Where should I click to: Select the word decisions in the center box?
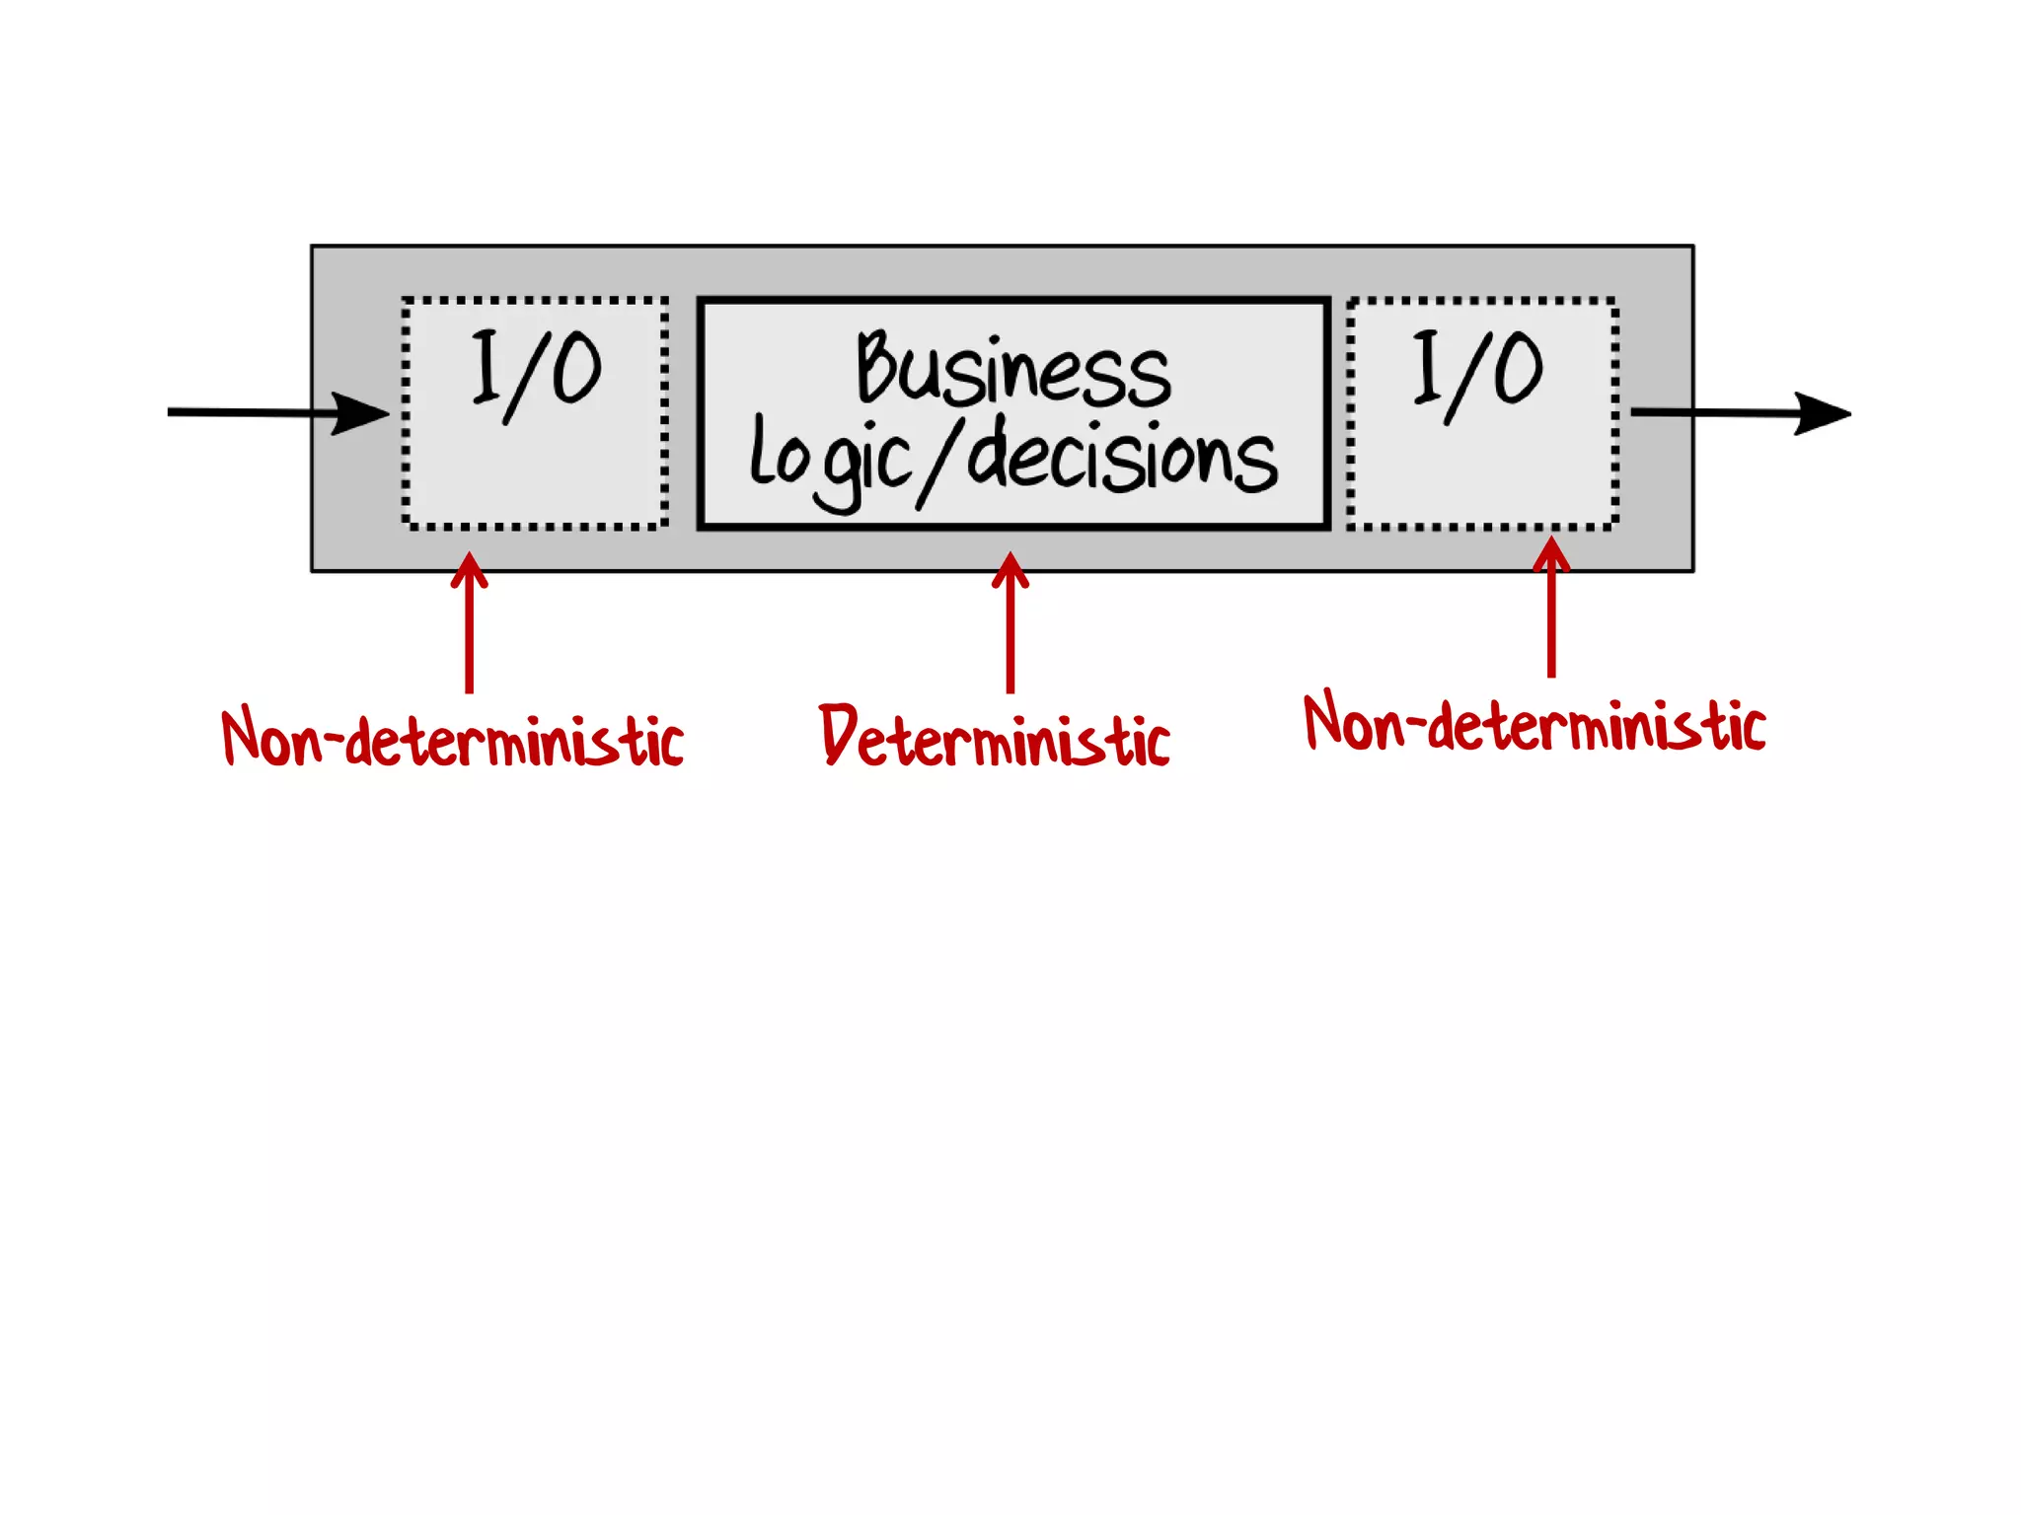tap(1122, 457)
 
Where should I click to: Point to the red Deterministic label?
tap(995, 737)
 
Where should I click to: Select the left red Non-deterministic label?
tap(453, 738)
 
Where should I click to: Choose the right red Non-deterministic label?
tap(1534, 723)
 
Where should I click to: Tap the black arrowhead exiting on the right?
tap(1822, 413)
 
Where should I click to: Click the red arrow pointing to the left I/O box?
tap(469, 621)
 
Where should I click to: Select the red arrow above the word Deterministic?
tap(1010, 621)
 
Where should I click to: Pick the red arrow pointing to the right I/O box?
tap(1551, 607)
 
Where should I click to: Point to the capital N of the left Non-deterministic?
tap(242, 736)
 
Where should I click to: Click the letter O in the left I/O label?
tap(576, 368)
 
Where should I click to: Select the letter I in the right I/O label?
tap(1426, 366)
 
